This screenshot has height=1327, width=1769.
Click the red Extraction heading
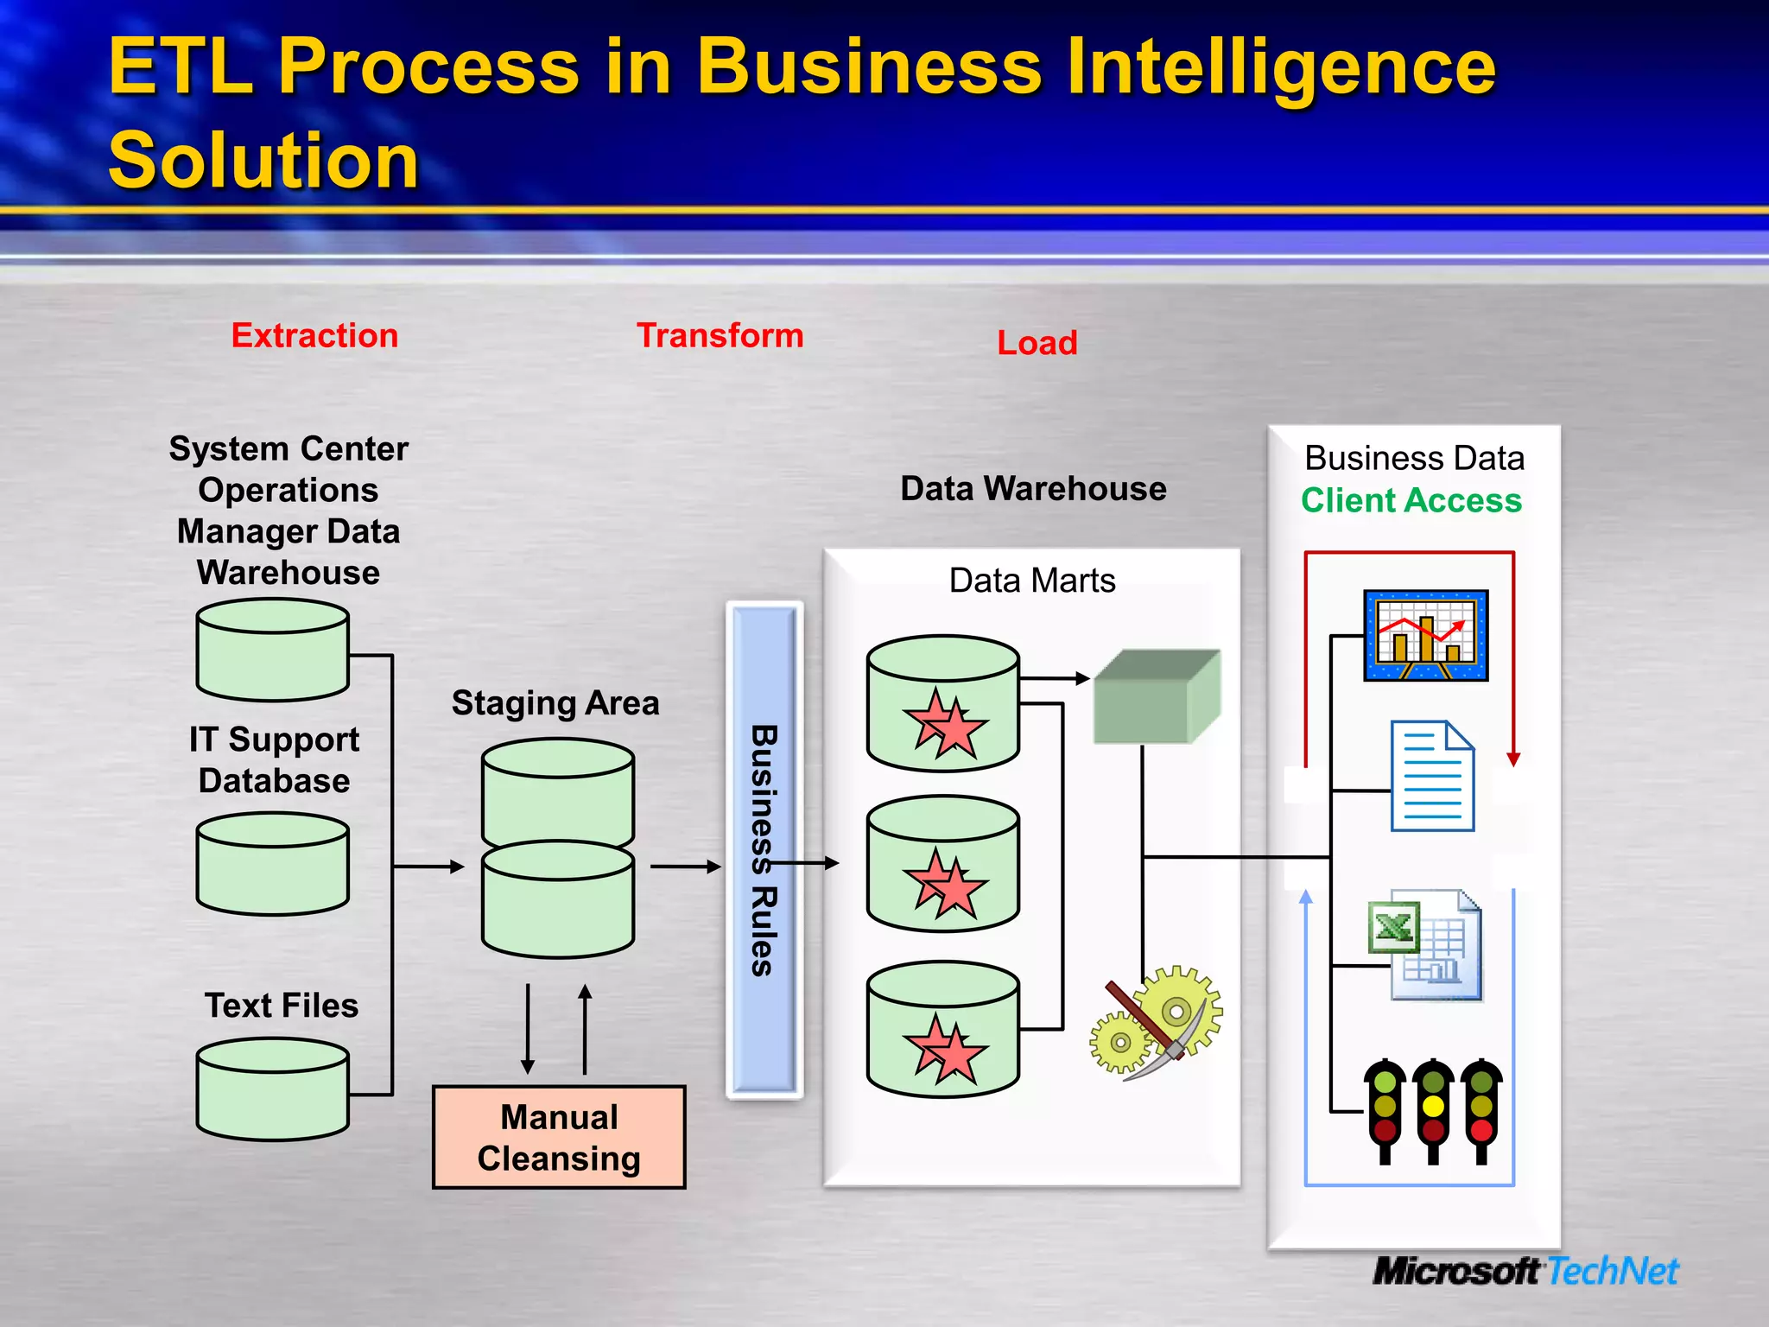click(x=314, y=335)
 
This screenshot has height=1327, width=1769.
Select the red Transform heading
click(x=720, y=335)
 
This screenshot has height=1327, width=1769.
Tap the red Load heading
click(x=1037, y=343)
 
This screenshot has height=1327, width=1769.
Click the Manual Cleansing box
click(x=559, y=1137)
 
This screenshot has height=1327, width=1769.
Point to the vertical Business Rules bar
click(x=764, y=850)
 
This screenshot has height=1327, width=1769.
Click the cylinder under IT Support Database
click(x=273, y=864)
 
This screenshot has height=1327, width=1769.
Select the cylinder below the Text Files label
click(x=273, y=1089)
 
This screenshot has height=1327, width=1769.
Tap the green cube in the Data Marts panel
click(x=1157, y=697)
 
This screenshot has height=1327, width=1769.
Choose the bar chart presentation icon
click(x=1425, y=636)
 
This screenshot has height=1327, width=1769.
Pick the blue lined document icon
click(x=1432, y=776)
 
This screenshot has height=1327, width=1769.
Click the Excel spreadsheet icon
click(x=1425, y=945)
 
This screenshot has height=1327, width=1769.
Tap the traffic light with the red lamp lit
click(x=1481, y=1110)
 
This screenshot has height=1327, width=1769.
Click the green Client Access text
click(x=1411, y=500)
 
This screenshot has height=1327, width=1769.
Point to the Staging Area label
click(x=555, y=703)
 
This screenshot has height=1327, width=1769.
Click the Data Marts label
click(x=1032, y=581)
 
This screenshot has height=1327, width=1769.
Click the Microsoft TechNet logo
click(x=1525, y=1271)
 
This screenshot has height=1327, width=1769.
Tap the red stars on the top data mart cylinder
click(x=945, y=724)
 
